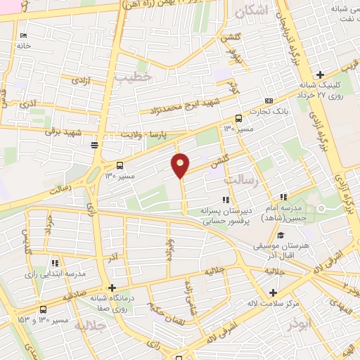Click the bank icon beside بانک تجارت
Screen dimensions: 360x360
click(269, 101)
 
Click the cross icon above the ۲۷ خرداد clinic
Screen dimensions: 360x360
click(320, 75)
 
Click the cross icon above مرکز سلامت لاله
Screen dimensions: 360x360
click(274, 292)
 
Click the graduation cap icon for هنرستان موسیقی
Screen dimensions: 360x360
click(281, 236)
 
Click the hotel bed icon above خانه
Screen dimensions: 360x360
click(24, 36)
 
